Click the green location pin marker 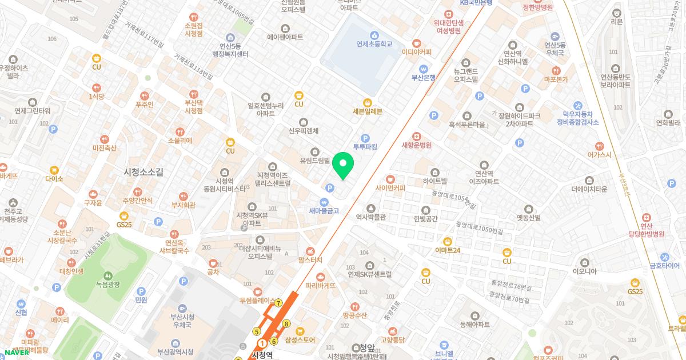[x=343, y=166]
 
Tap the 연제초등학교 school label [x=374, y=43]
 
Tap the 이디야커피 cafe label [x=417, y=51]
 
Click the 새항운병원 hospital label [x=416, y=145]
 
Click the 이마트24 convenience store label [x=447, y=250]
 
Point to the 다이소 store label [x=54, y=178]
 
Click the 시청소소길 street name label [x=143, y=171]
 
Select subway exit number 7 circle [x=278, y=303]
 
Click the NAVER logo [x=17, y=353]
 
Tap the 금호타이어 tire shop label [x=664, y=265]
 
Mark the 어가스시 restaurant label [x=599, y=154]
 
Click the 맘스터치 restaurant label [x=310, y=259]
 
